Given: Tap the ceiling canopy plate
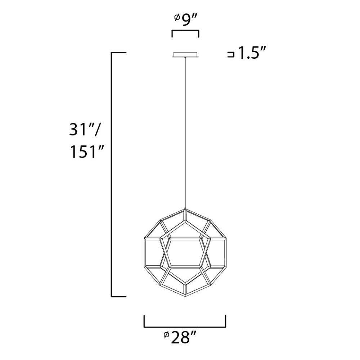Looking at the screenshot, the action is [185, 55].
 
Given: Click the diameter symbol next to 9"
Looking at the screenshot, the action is [177, 17].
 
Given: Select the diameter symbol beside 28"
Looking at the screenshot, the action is [166, 335].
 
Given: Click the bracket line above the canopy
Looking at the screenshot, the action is [185, 31].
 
